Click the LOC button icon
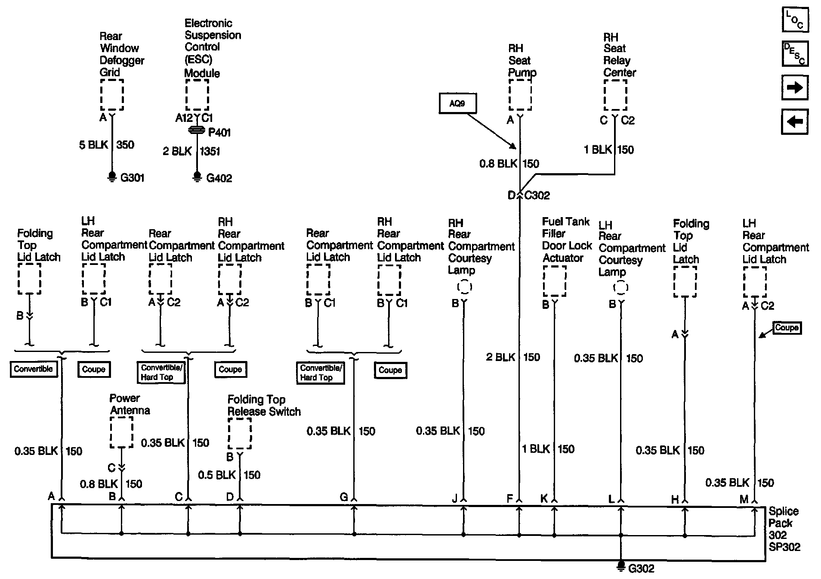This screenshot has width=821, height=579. pos(795,20)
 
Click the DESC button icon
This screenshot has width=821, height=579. pos(795,54)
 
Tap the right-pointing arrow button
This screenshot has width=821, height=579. pos(794,88)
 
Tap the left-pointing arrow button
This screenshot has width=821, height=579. pos(794,121)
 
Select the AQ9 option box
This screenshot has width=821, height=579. pos(457,104)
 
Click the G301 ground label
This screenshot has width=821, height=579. pos(132,178)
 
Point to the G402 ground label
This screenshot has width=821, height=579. pos(219,178)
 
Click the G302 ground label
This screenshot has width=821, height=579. pos(641,569)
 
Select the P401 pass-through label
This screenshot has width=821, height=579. pos(219,132)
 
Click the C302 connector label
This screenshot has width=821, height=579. pos(537,196)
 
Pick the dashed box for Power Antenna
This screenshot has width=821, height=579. pos(121,432)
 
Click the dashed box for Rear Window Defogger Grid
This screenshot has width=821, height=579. pos(112,95)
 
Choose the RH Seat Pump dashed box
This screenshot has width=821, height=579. pos(520,95)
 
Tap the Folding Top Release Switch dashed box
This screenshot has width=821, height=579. pos(240,433)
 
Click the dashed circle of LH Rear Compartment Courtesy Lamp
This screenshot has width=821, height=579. pos(620,287)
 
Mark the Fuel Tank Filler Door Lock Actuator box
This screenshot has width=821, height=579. pos(554,281)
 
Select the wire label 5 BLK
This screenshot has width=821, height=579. pos(93,145)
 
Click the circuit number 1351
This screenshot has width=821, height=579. pos(210,151)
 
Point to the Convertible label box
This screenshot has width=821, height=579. pos(34,369)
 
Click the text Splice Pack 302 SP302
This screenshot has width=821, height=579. pos(784,529)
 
